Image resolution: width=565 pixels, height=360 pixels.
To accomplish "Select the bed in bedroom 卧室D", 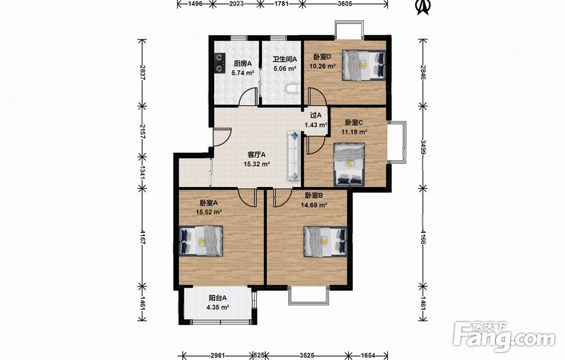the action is pos(363,65).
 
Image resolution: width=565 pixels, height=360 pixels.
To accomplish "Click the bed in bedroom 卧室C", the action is pos(349,164).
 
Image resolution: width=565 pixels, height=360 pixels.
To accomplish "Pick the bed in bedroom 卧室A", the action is pos(201,241).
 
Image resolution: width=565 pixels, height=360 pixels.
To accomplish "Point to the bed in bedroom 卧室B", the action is pos(325,241).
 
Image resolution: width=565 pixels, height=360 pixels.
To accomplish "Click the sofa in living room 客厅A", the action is pos(294,155).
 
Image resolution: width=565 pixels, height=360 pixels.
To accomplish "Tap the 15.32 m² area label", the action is pos(257,164).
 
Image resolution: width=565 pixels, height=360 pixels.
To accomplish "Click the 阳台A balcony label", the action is pos(218,298).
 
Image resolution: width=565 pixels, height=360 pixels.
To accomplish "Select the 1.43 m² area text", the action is pos(316,125).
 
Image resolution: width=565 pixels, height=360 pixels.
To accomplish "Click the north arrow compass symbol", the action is pos(424,7).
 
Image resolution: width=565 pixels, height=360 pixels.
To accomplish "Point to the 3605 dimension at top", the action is pos(345,4).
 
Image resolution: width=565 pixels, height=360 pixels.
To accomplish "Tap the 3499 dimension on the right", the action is pos(423,148).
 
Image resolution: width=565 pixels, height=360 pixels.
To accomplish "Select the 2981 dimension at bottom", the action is pos(218,355).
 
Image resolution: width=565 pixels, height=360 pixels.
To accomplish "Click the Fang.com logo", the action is pos(505,336).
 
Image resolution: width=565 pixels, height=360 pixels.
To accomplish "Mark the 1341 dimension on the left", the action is pos(143,172).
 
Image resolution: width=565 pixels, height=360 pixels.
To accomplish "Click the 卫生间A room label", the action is pos(285,59).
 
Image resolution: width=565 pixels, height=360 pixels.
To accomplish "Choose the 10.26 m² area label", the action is pos(323,66).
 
